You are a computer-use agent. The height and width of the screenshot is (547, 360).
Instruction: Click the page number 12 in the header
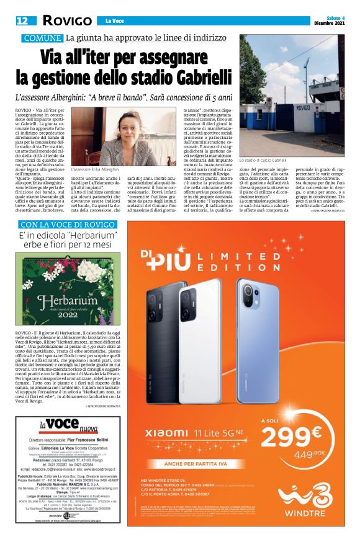point(22,21)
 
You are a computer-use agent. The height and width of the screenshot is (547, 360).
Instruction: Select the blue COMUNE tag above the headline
point(42,38)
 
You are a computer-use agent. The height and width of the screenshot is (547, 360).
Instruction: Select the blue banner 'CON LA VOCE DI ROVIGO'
point(61,224)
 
